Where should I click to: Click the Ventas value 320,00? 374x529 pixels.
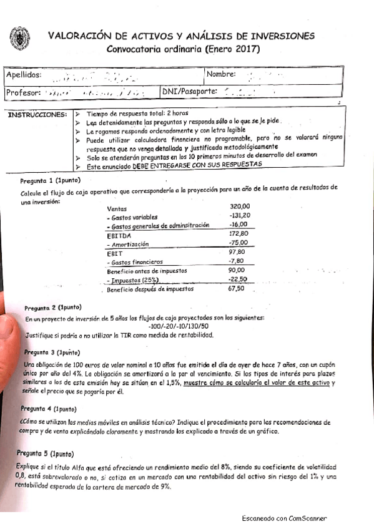point(240,206)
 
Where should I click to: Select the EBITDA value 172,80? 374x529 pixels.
point(240,233)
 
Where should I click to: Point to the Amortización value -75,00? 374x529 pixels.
point(239,243)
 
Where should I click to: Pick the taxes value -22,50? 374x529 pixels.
point(239,279)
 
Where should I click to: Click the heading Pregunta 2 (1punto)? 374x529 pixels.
point(53,308)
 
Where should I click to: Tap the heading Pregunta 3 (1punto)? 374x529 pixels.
point(52,352)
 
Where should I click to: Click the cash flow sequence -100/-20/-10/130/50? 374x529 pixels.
point(180,326)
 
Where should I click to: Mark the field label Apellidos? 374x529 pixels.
point(24,75)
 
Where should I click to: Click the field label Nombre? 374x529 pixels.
point(221,74)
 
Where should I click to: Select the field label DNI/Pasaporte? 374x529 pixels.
point(190,92)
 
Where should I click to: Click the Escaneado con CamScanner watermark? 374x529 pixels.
point(284,518)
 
